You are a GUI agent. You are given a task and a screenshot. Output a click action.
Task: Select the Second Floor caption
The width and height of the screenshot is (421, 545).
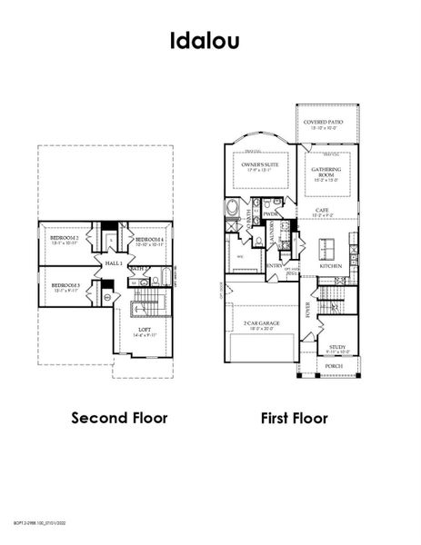coord(116,418)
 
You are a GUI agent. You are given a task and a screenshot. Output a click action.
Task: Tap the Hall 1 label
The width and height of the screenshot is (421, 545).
coord(114,262)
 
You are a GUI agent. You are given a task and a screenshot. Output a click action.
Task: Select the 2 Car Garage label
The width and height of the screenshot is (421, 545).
coord(261,324)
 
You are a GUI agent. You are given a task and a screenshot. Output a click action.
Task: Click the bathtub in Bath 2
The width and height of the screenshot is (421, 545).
coord(165,277)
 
